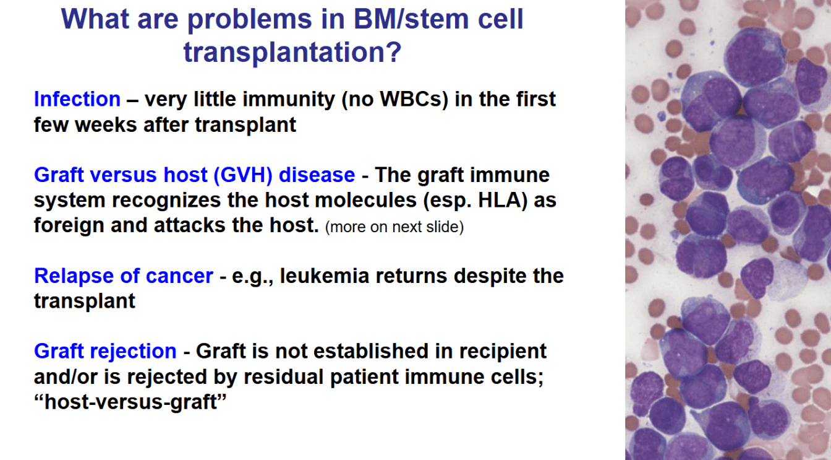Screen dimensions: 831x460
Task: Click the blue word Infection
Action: pos(77,99)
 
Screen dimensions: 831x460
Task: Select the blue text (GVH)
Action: pos(243,175)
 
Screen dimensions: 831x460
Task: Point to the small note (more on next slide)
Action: pos(394,227)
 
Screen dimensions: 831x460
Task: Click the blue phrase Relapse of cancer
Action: pos(124,276)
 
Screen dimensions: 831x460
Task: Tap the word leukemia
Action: pos(325,276)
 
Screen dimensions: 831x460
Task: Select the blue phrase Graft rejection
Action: pos(105,351)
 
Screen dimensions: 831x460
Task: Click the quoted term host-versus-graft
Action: pos(130,402)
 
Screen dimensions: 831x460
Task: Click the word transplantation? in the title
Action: pos(292,51)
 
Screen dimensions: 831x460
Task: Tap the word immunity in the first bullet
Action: pos(289,99)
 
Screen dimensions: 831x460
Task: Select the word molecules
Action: pos(366,200)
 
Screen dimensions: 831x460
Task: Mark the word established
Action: pos(371,351)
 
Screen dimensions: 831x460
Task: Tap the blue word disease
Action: pos(317,175)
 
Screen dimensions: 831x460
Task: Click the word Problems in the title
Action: pos(250,19)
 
